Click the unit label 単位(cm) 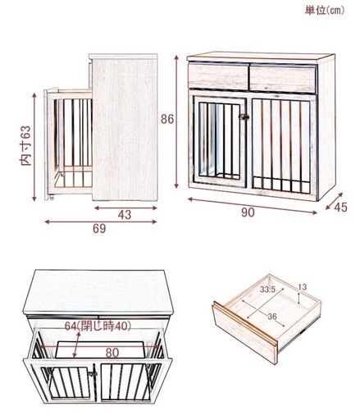[x=325, y=11]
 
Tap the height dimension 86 [x=167, y=119]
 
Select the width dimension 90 [x=248, y=212]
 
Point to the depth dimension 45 [x=340, y=208]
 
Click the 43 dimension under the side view [x=125, y=215]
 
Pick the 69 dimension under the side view [x=99, y=229]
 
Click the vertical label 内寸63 [x=26, y=145]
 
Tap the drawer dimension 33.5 [x=267, y=290]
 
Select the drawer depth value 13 [x=302, y=287]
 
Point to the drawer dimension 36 [x=272, y=317]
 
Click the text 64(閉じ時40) [x=98, y=326]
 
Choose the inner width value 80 [x=112, y=353]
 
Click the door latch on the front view [x=244, y=117]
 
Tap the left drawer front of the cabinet [x=218, y=77]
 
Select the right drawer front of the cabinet [x=283, y=79]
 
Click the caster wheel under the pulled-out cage [x=51, y=197]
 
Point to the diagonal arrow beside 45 [x=334, y=201]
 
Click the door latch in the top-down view [x=93, y=373]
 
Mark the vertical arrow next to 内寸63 [x=34, y=147]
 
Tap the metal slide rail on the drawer [x=299, y=335]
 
